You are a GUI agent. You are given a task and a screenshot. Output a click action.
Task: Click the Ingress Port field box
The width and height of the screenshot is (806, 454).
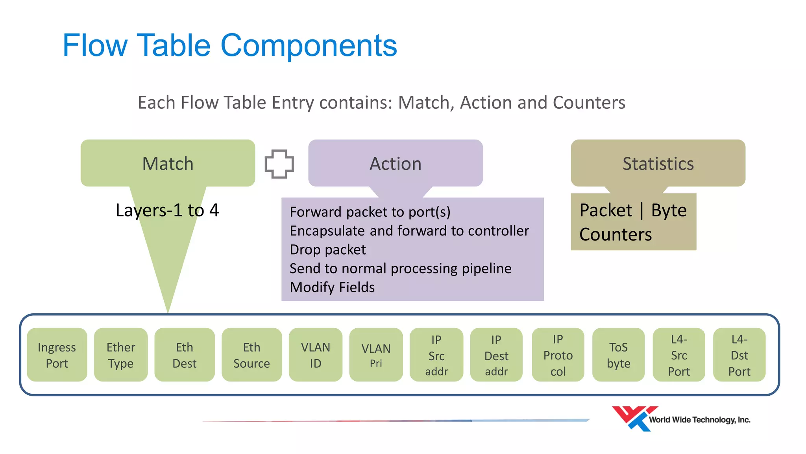pos(57,355)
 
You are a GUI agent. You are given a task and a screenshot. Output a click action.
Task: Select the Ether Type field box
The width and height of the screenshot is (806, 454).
pos(121,355)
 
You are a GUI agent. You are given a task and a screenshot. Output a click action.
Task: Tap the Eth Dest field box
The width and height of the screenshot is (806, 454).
pos(184,355)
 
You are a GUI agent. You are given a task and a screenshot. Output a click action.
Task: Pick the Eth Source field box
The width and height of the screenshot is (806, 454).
pos(251,355)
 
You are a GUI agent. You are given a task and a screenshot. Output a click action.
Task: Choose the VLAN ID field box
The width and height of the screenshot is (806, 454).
pos(315,355)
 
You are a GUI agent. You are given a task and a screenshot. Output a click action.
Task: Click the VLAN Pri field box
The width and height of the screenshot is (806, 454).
pos(376,355)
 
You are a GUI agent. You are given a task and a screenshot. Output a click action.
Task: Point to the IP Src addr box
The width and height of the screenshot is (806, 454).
pos(436,355)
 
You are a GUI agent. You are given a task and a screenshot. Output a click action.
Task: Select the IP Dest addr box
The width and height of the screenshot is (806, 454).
pos(496,355)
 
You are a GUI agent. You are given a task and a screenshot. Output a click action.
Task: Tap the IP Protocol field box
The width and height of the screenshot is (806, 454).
pos(558,355)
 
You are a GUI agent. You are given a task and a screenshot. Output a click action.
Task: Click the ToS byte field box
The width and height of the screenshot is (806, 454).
pos(618,355)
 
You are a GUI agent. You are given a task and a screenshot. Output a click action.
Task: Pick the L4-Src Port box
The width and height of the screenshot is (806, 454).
pos(679,355)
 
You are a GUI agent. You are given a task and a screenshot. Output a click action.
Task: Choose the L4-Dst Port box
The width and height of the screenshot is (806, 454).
pos(739,355)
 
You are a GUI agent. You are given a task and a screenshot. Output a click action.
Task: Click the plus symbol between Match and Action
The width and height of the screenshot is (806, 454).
pos(279,164)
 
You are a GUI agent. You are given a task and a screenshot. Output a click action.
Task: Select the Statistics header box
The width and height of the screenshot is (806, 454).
pos(658,163)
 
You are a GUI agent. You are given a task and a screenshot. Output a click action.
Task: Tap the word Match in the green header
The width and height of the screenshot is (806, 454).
pos(168,164)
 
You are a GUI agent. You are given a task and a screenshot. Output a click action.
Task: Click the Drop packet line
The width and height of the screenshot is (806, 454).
pos(328,249)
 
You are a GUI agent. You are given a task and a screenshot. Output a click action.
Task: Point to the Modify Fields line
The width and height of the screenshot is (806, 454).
pos(332,287)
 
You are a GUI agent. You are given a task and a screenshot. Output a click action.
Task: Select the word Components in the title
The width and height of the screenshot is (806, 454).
pos(309,45)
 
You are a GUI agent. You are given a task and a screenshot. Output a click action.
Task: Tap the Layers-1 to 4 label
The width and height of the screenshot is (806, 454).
pos(167,210)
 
